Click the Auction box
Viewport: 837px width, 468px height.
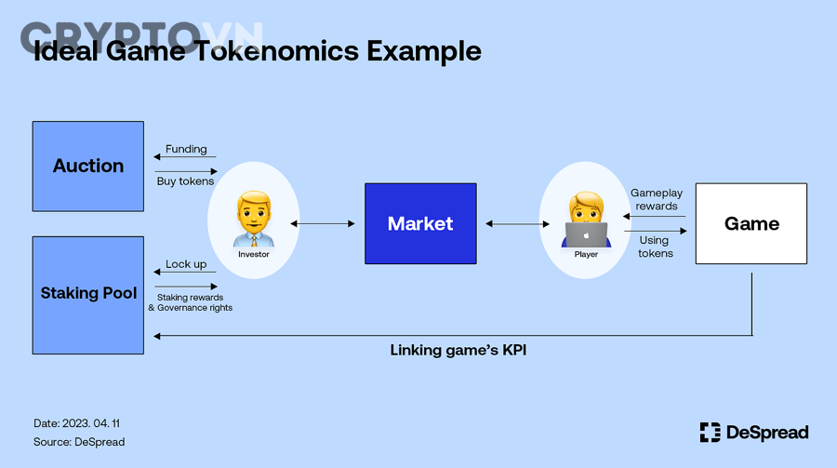point(88,166)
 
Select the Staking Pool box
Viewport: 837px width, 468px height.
point(88,294)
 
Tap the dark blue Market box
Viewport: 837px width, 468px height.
point(420,223)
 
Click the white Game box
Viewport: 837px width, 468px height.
point(751,223)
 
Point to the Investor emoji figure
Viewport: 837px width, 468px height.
point(253,219)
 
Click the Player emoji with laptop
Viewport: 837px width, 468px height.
point(586,220)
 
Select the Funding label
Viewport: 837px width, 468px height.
point(186,149)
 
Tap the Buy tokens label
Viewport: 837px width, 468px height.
point(186,181)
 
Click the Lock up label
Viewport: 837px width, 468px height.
point(186,264)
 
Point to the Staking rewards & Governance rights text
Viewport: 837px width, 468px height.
point(190,302)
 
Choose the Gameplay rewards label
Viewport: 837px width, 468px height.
point(657,199)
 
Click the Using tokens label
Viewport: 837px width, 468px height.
point(655,247)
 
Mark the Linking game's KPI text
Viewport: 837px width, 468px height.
point(458,351)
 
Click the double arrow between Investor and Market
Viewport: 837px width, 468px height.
point(323,223)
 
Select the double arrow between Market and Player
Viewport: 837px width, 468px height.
point(514,223)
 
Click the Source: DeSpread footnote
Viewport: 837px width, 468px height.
point(79,441)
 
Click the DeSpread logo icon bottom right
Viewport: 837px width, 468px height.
point(710,432)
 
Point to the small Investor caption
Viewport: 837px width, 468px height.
point(253,254)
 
